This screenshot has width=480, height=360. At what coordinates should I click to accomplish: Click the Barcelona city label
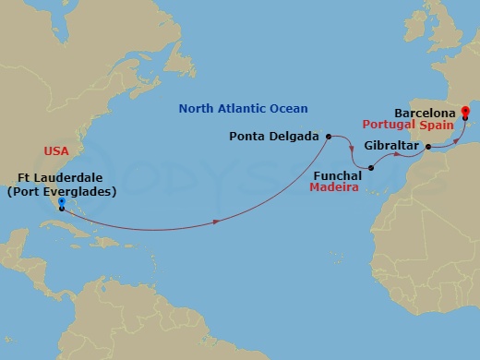click(x=424, y=108)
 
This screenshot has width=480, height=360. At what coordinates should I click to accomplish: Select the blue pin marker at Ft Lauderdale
click(x=61, y=202)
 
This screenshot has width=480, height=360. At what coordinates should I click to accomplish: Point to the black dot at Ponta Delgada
click(x=328, y=136)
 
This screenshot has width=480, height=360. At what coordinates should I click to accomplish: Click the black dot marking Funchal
click(x=370, y=168)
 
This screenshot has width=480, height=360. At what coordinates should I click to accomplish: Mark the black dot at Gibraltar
click(x=429, y=146)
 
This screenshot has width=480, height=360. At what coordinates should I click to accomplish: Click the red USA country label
click(x=56, y=150)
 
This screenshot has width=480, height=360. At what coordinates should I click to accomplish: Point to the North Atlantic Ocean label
click(x=243, y=108)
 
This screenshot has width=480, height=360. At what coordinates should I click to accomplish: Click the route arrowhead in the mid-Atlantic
click(x=216, y=222)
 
